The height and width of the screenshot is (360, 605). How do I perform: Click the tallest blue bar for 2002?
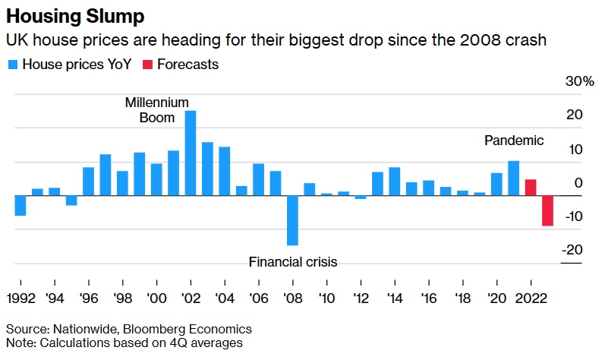tap(191, 153)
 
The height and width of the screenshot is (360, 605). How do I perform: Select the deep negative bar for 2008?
tap(292, 220)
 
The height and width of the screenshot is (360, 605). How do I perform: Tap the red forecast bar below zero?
tap(547, 210)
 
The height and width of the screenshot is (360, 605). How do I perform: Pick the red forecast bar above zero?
tap(531, 188)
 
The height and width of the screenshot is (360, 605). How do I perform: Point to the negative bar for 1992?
tap(20, 206)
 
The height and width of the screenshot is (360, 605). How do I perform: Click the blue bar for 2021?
tap(513, 178)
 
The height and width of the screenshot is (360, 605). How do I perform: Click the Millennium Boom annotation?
tap(157, 109)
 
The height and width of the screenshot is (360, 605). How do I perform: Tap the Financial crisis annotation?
tap(292, 262)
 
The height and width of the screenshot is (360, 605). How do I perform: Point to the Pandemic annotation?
tap(514, 141)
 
